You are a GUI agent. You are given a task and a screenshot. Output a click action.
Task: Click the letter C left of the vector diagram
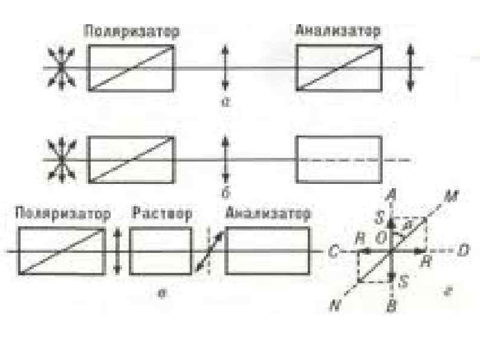point(332,250)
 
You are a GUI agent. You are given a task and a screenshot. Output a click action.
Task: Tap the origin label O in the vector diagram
point(381,238)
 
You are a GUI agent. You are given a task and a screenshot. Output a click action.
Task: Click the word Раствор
point(161,214)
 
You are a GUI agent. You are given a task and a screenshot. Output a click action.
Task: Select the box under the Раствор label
point(161,250)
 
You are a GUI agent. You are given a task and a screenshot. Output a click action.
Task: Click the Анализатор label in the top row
point(338,31)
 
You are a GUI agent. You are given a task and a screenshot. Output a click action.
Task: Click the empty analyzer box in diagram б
point(339,159)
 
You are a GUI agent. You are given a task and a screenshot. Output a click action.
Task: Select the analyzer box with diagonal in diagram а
point(339,68)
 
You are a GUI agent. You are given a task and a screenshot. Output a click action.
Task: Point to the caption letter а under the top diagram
point(224,103)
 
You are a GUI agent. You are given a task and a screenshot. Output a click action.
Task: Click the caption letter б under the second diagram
point(225,194)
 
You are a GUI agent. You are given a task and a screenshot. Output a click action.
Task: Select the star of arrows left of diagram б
point(61,159)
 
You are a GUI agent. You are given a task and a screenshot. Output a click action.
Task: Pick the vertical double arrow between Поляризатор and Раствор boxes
point(118,250)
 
